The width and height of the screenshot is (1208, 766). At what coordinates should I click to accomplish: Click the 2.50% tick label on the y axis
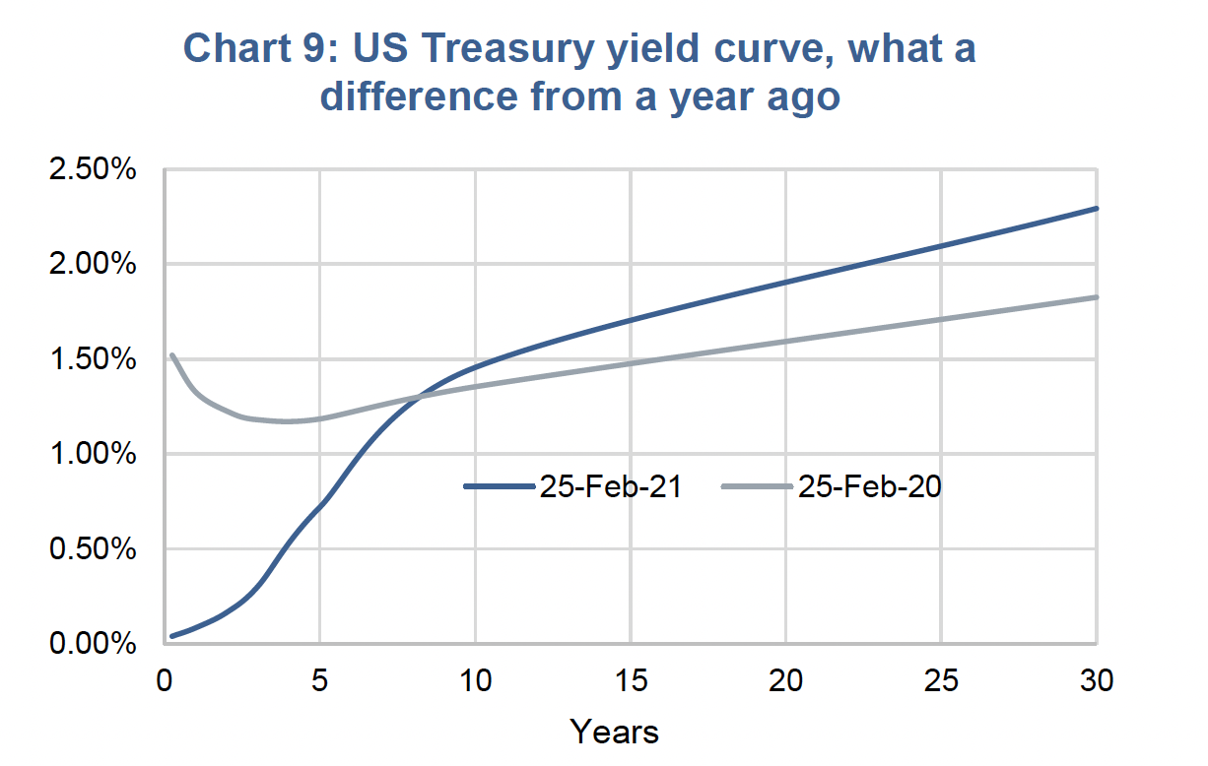[x=93, y=169]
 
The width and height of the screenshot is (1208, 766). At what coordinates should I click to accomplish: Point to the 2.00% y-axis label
[x=93, y=264]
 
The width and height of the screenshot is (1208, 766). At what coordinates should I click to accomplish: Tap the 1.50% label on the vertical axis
[x=93, y=359]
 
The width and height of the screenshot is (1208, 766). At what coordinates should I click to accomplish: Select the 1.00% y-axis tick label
[x=93, y=454]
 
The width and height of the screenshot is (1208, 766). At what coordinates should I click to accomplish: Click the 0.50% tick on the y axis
[x=93, y=548]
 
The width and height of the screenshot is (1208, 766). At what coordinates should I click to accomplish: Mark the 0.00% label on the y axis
[x=93, y=644]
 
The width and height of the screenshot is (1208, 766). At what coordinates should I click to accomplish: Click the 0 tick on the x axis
[x=165, y=680]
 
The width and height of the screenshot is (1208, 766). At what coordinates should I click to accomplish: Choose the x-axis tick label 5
[x=320, y=680]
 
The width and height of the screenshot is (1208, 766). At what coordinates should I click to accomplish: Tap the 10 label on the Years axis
[x=475, y=680]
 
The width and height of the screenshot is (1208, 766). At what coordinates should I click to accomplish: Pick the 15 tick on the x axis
[x=631, y=680]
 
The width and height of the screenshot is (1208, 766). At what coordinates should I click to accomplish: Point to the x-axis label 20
[x=785, y=680]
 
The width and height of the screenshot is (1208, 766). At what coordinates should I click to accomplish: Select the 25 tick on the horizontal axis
[x=941, y=680]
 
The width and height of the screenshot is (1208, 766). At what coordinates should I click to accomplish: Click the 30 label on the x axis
[x=1097, y=680]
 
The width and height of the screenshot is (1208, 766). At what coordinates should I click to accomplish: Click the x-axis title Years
[x=614, y=733]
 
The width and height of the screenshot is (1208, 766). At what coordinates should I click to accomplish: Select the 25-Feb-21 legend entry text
[x=611, y=486]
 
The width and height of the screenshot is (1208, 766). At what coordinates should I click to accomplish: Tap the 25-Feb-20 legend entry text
[x=869, y=486]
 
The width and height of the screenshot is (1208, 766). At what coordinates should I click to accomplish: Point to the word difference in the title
[x=419, y=96]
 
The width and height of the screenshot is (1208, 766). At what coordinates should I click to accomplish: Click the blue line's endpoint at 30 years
[x=1097, y=209]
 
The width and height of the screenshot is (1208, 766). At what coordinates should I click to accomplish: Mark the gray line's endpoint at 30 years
[x=1097, y=297]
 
